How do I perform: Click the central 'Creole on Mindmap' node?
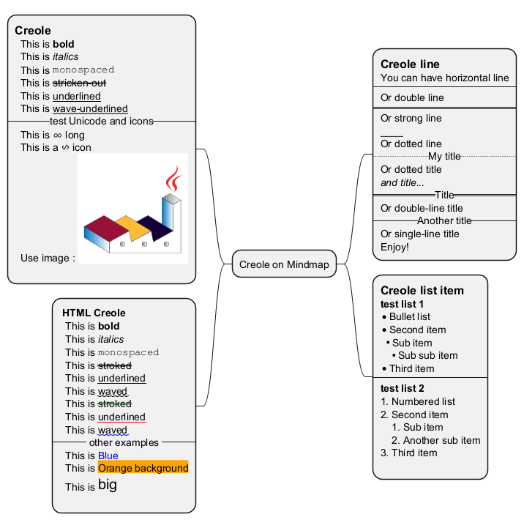(284, 264)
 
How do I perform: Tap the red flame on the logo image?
(173, 179)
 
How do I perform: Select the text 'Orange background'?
(143, 468)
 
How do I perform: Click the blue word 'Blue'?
(108, 456)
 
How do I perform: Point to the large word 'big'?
(107, 485)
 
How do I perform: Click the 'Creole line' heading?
(410, 64)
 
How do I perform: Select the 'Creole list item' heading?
(422, 290)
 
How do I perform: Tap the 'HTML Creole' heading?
(94, 313)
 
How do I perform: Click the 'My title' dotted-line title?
(444, 157)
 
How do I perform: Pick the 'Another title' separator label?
(444, 220)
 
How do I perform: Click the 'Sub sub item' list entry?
(427, 355)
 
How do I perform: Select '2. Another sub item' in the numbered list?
(435, 440)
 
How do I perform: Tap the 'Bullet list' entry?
(409, 316)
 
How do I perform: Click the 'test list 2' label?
(403, 388)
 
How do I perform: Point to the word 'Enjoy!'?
(394, 247)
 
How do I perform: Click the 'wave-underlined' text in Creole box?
(90, 109)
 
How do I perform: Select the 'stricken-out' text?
(79, 83)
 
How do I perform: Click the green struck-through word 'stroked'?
(114, 404)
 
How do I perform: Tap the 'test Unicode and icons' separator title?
(101, 121)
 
